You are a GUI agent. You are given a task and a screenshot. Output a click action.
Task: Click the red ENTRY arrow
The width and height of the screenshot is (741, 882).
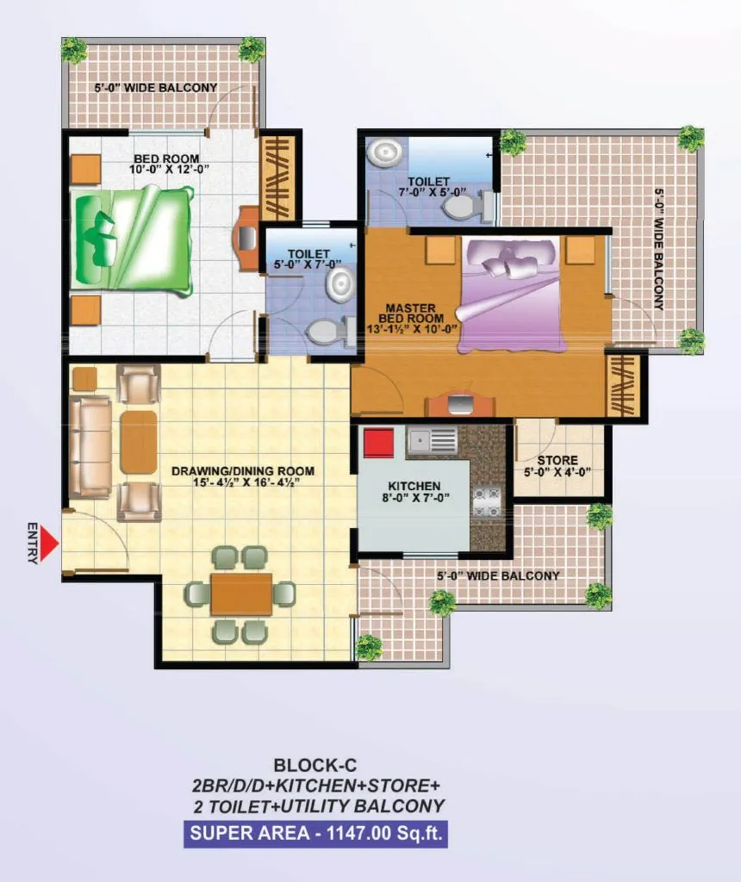[50, 543]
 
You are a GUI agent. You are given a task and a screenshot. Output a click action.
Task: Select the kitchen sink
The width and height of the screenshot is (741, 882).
[432, 441]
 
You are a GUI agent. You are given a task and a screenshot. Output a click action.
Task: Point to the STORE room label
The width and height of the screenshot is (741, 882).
[557, 466]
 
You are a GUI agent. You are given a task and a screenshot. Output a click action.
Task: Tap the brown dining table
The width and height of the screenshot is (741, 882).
[241, 594]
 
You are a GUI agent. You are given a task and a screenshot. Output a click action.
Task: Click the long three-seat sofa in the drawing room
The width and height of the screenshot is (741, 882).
[90, 446]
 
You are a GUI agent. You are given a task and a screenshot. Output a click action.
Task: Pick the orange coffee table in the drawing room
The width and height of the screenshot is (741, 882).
[138, 442]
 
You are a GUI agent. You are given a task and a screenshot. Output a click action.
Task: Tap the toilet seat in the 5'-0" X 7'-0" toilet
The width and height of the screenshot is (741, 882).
[327, 331]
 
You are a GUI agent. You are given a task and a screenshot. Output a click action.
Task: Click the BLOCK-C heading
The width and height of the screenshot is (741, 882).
[314, 764]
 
